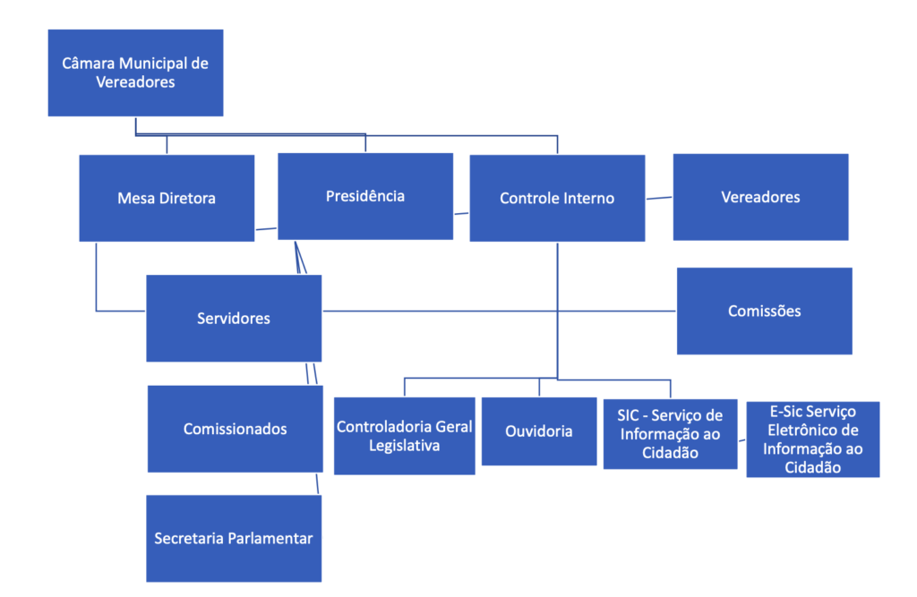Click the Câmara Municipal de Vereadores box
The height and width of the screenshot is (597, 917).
[135, 72]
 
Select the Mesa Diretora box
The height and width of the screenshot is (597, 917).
[167, 198]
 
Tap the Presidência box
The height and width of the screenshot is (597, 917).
[364, 196]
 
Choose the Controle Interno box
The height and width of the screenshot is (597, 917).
[557, 198]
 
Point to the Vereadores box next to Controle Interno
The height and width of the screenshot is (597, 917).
[760, 197]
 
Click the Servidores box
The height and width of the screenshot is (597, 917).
[234, 318]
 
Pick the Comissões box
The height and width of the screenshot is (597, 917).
[764, 311]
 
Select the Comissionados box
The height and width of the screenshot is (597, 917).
[235, 429]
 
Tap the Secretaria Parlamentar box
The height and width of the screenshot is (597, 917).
[234, 539]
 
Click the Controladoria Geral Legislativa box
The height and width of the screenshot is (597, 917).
[405, 435]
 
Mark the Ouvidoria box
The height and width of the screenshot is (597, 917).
[539, 431]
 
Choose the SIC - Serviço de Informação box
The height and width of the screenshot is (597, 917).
[670, 434]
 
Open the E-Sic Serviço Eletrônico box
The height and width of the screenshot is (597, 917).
[812, 439]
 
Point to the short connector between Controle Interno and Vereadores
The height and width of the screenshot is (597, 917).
[659, 198]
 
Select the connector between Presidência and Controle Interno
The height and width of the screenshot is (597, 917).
[461, 213]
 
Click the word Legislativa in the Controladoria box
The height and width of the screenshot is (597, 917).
[405, 445]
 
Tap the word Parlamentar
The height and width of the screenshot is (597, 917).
[270, 539]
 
